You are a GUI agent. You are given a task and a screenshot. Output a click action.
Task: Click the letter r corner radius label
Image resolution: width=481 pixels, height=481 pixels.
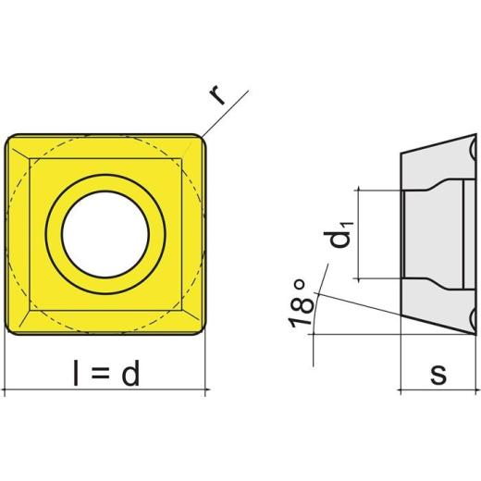pos(217,95)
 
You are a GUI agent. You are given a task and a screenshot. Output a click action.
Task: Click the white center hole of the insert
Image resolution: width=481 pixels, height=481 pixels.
pos(105,234)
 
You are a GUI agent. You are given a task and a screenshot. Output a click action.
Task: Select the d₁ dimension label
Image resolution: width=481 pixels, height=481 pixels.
pos(338,235)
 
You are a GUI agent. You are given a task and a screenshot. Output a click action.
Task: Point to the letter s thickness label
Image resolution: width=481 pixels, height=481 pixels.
pos(438,374)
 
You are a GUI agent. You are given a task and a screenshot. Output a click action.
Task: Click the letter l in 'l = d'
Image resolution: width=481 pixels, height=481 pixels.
pos(76,373)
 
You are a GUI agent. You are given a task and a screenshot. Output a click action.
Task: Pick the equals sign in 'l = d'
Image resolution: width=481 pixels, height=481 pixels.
pos(100,375)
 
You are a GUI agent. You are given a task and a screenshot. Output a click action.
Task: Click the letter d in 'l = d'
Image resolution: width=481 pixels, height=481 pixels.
pos(130,373)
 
